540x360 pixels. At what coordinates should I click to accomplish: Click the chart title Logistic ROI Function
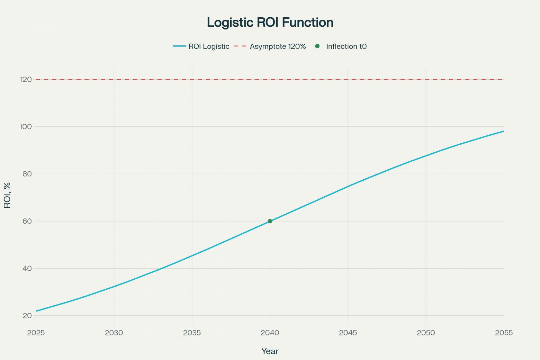click(x=270, y=22)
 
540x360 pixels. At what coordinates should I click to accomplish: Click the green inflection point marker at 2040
click(x=270, y=221)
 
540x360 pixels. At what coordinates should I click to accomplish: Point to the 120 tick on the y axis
click(x=26, y=80)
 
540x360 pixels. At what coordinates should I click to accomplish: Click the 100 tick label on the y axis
click(x=26, y=127)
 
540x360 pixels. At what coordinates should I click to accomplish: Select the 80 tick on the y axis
click(x=27, y=174)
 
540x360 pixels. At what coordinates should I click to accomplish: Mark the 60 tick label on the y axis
click(x=27, y=221)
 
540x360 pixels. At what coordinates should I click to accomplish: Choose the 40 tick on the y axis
click(x=27, y=268)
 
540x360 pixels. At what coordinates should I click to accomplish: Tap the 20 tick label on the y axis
click(x=27, y=316)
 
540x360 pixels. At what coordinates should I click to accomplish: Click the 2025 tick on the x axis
click(x=36, y=333)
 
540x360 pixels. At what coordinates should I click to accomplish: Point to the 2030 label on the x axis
click(x=114, y=333)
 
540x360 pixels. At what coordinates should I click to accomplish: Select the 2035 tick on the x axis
click(x=192, y=333)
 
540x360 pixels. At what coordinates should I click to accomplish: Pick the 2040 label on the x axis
click(x=270, y=333)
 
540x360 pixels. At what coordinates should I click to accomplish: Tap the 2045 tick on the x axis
click(x=348, y=333)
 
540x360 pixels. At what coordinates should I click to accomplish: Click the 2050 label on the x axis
click(x=426, y=333)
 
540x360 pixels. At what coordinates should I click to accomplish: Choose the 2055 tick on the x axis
click(x=504, y=333)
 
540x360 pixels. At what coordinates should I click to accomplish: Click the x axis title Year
click(x=270, y=351)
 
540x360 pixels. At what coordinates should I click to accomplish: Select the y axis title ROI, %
click(x=7, y=195)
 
